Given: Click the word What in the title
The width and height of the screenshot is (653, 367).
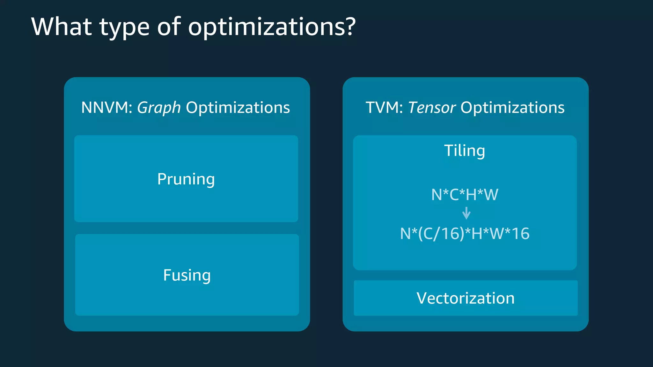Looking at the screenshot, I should (x=62, y=27).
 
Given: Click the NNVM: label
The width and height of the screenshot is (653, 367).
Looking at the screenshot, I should (x=107, y=108).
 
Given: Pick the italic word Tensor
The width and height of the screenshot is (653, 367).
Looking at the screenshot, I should (x=432, y=108).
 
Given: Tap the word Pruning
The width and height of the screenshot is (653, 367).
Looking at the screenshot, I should (x=186, y=179).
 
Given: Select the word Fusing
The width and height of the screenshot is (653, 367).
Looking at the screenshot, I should (x=187, y=276).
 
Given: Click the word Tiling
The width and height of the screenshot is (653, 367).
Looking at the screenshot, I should (x=465, y=151).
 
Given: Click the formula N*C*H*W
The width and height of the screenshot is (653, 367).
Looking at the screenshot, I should (x=465, y=195).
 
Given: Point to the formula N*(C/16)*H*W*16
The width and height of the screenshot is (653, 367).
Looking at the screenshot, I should (x=465, y=234).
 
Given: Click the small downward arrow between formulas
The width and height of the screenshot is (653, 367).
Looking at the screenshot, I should (x=466, y=213).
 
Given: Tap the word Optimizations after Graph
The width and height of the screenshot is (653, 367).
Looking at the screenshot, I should (x=238, y=108).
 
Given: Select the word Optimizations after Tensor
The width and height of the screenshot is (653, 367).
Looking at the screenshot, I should (x=512, y=108).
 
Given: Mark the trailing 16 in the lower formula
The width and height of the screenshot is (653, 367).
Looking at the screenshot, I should (x=520, y=234).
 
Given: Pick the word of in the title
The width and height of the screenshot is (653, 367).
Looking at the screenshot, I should (x=169, y=27).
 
